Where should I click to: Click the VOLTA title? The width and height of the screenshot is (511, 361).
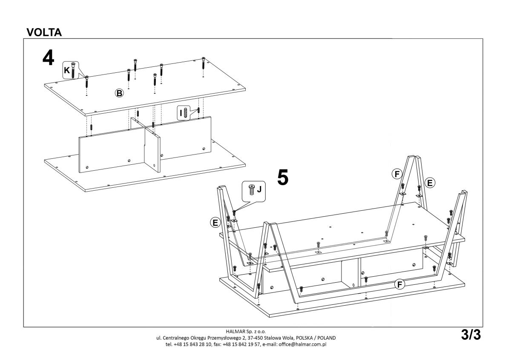44,32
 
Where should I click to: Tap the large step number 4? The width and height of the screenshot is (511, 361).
49,58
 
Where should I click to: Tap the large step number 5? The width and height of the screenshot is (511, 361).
283,177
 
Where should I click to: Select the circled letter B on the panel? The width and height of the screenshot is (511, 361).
119,93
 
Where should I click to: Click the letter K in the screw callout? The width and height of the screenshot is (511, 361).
66,70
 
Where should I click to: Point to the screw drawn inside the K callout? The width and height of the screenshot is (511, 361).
73,70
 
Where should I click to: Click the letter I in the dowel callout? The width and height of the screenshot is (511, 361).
181,113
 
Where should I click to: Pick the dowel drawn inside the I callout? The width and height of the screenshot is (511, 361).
185,112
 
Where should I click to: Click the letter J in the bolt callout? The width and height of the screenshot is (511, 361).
259,189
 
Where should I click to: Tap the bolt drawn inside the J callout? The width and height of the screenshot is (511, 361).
251,189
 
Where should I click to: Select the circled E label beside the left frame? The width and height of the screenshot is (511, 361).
215,222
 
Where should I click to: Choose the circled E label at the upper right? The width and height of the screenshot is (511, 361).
430,183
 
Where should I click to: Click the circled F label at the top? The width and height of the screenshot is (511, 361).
397,174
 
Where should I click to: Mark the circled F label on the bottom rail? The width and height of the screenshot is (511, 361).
399,284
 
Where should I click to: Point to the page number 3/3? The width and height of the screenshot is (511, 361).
471,335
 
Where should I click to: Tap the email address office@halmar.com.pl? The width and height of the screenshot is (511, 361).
302,344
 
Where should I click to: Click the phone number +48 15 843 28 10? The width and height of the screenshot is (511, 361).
192,344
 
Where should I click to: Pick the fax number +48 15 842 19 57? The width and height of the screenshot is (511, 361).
241,344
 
